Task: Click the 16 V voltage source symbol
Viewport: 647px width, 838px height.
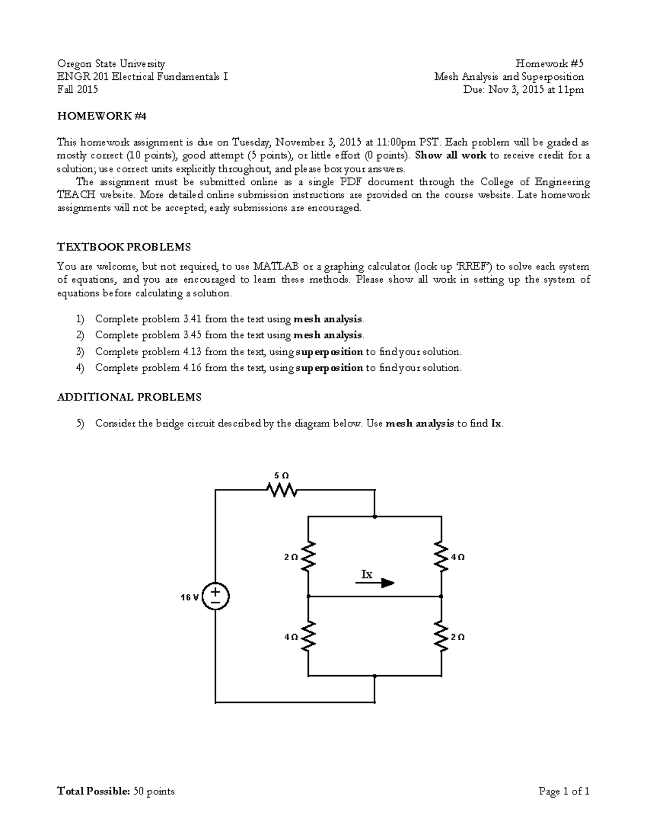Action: pos(215,596)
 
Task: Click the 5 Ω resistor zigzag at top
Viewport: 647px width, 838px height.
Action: pos(281,490)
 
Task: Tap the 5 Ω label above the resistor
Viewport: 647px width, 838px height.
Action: pos(281,475)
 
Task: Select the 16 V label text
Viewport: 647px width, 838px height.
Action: pos(190,597)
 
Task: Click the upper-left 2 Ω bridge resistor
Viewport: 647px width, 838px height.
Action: pos(308,557)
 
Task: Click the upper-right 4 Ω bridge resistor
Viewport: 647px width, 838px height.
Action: pos(442,557)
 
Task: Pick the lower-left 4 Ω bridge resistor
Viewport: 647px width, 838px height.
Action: pos(308,637)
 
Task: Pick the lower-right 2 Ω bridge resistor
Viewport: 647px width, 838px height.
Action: pos(442,637)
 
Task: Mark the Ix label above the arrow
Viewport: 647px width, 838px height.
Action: pos(367,574)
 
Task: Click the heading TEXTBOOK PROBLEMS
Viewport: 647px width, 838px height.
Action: pos(124,247)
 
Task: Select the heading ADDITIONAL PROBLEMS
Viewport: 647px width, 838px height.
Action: pos(129,397)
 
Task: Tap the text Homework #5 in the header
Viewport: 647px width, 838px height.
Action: pos(550,64)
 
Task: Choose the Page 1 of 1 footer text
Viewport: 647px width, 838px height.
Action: pos(564,792)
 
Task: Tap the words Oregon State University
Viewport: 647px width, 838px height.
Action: pos(111,64)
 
